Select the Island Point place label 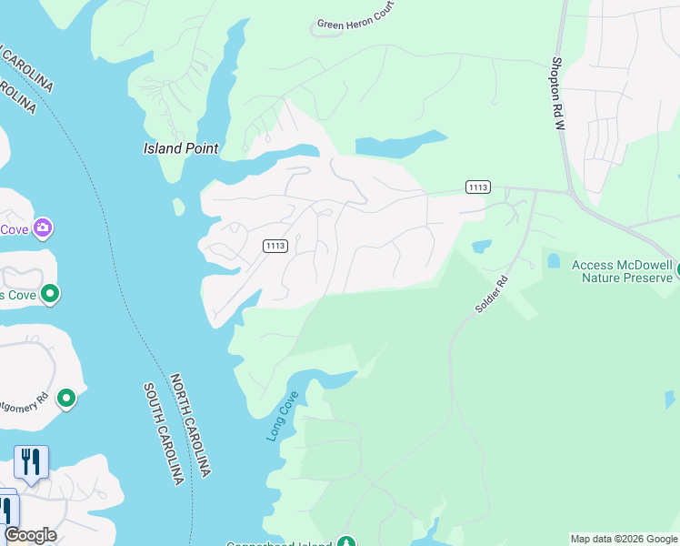click(182, 148)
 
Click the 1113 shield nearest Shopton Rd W click(477, 187)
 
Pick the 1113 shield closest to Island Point click(275, 246)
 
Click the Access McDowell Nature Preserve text click(623, 270)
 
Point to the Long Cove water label click(282, 417)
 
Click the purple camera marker click(42, 227)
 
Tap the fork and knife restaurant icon click(31, 462)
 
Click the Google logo click(30, 535)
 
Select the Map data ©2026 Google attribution click(623, 539)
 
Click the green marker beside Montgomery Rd click(65, 398)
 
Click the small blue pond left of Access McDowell click(554, 261)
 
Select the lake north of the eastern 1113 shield click(400, 145)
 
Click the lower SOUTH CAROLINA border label click(164, 433)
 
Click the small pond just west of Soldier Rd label click(482, 246)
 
